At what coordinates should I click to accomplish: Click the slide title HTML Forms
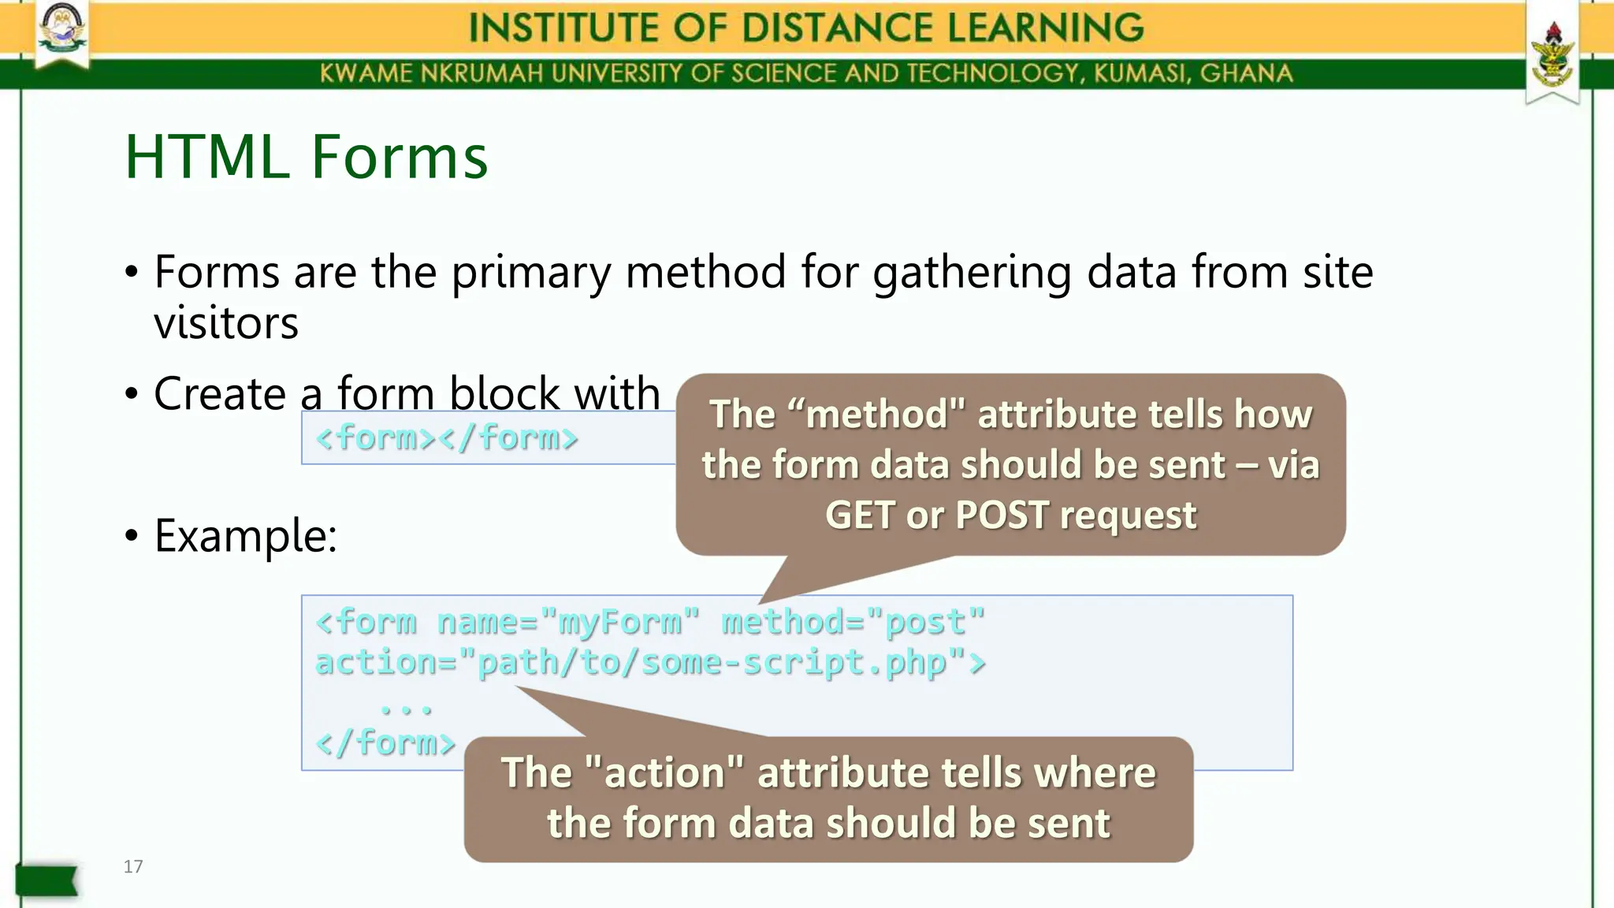[306, 157]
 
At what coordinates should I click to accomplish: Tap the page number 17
[133, 866]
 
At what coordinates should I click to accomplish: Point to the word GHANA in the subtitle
[1246, 73]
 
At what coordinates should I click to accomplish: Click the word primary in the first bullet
[530, 272]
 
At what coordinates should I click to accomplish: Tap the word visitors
[226, 323]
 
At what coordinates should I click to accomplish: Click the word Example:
[245, 535]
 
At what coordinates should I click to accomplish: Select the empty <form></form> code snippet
[446, 437]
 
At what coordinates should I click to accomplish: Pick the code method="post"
[853, 622]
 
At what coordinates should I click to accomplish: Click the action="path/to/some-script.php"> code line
[650, 662]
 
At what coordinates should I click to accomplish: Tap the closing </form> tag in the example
[385, 742]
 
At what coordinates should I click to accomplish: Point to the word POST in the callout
[1002, 515]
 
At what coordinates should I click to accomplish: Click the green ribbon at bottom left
[46, 880]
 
